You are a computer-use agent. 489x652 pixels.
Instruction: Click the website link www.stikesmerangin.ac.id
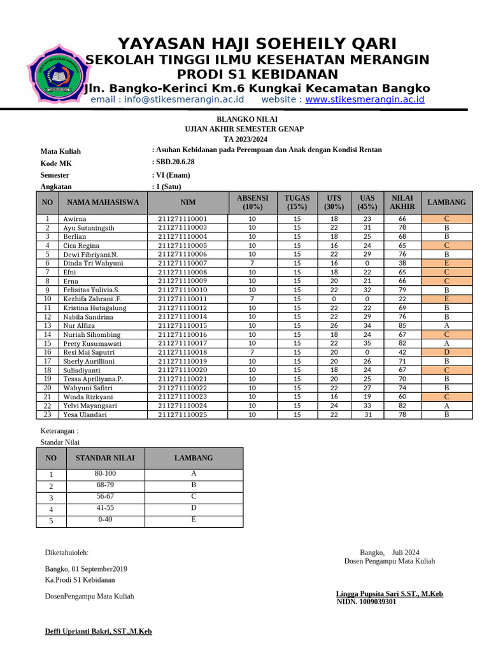pyautogui.click(x=364, y=99)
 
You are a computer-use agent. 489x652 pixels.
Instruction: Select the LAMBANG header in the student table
pyautogui.click(x=446, y=202)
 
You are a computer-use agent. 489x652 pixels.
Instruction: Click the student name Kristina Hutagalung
pyautogui.click(x=94, y=308)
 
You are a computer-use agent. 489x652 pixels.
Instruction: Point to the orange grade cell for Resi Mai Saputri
pyautogui.click(x=446, y=352)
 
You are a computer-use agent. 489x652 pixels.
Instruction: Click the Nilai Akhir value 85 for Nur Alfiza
pyautogui.click(x=402, y=326)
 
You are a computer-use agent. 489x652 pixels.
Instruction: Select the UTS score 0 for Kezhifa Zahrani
pyautogui.click(x=334, y=299)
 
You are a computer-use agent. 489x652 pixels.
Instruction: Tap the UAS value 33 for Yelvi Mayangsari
pyautogui.click(x=367, y=406)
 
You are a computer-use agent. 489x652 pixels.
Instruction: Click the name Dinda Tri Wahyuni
pyautogui.click(x=93, y=263)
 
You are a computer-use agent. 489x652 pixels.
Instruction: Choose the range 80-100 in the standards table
pyautogui.click(x=106, y=474)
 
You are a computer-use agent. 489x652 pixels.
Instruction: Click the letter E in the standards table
pyautogui.click(x=194, y=520)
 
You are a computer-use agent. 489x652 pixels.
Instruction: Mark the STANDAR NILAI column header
pyautogui.click(x=106, y=458)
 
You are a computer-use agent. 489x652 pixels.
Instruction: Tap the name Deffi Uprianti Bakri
pyautogui.click(x=98, y=632)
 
